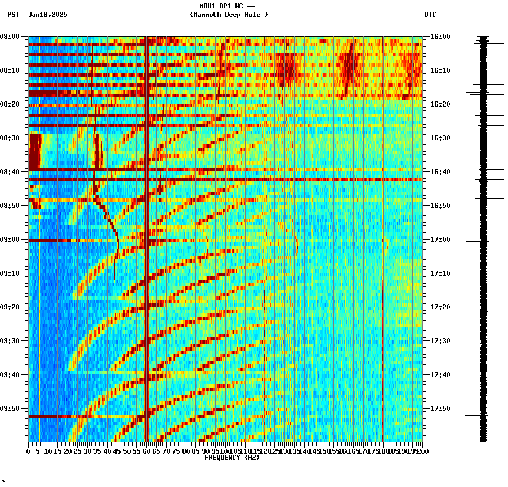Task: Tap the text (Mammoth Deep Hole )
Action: point(229,15)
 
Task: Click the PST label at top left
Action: point(13,15)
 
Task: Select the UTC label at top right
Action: point(430,15)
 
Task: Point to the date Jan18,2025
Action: point(47,15)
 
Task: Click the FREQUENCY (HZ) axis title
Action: point(232,458)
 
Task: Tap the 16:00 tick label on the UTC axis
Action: point(440,37)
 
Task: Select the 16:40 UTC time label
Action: point(440,172)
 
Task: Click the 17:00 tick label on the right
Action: point(440,240)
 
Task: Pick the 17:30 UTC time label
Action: point(440,341)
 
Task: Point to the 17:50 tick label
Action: point(440,409)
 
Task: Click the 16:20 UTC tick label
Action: point(440,104)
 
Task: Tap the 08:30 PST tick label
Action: point(10,138)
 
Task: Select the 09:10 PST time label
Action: point(10,273)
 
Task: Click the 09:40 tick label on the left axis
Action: point(10,375)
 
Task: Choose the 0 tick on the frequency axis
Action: point(29,451)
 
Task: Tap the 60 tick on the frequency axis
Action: point(146,451)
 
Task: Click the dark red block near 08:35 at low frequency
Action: point(35,151)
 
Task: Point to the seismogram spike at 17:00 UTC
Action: point(477,241)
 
